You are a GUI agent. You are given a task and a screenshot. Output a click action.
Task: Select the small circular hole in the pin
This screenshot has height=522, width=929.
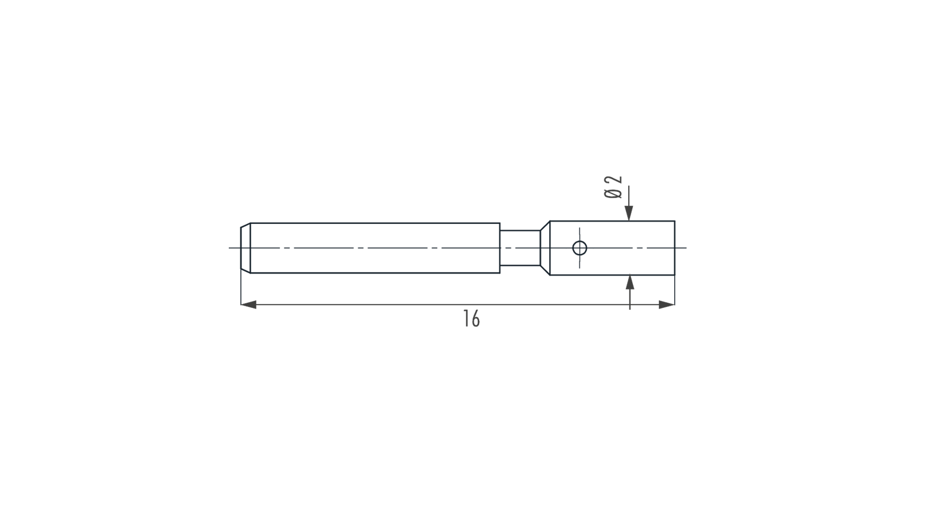point(579,248)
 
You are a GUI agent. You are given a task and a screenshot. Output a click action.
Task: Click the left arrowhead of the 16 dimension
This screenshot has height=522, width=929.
point(249,305)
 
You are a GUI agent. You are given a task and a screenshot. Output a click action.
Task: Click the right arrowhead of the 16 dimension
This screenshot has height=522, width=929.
point(667,305)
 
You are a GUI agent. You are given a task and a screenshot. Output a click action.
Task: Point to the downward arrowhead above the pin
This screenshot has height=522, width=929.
point(629,213)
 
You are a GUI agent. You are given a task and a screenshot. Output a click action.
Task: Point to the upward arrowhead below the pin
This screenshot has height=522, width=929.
point(630,283)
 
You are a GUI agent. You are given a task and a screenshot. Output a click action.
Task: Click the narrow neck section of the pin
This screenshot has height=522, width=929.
point(520,248)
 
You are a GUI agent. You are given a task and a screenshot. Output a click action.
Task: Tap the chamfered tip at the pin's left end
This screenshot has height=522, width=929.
point(246,248)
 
